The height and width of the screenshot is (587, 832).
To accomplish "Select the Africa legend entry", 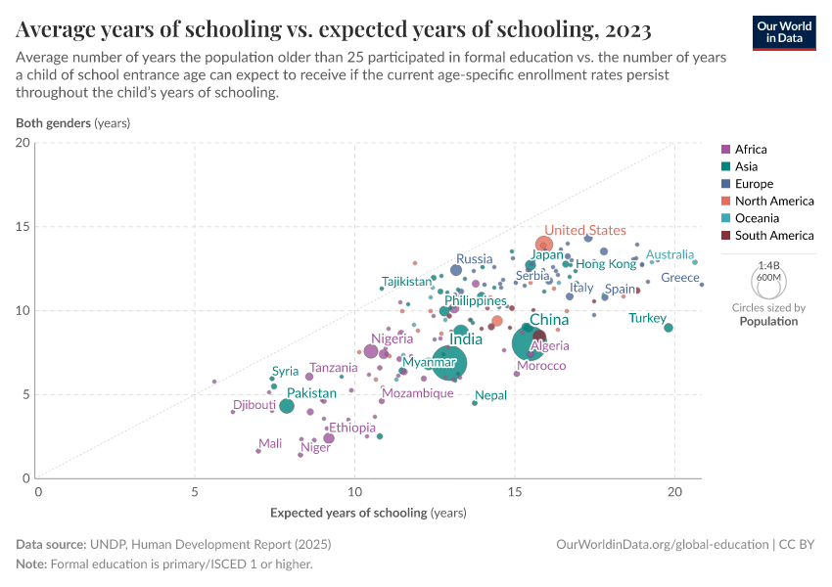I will pos(750,150).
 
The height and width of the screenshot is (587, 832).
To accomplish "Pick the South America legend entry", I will pos(773,235).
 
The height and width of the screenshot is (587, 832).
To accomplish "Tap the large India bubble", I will pos(449,363).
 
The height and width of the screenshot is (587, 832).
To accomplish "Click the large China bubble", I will pos(529,343).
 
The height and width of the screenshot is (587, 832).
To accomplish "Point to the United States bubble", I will pos(544,245).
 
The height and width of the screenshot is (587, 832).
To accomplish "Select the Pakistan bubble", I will pos(286,406).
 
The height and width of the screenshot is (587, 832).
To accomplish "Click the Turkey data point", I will pos(669,328).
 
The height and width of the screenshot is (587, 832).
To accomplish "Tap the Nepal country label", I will pos(490,395).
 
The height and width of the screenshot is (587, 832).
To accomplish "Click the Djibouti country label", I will pos(254,405).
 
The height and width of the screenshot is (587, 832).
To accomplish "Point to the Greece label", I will pos(680,278).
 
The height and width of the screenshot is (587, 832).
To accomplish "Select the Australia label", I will pos(670,254).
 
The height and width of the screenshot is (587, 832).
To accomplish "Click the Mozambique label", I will pos(418,393).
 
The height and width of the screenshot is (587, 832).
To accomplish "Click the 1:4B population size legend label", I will pos(768,265).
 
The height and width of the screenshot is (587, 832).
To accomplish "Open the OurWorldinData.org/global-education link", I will pos(662,544).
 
